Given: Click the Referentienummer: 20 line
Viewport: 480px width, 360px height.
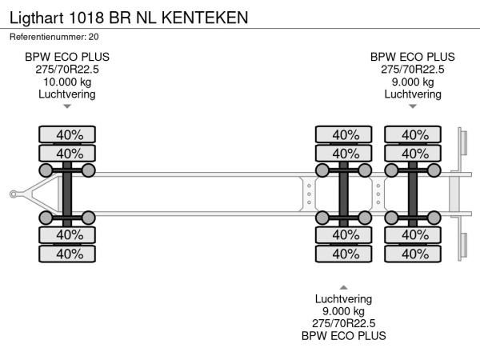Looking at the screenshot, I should click(x=54, y=36).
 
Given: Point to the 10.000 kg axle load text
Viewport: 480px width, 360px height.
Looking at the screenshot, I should click(x=67, y=82).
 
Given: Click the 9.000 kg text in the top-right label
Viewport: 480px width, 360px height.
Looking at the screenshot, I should click(x=413, y=82).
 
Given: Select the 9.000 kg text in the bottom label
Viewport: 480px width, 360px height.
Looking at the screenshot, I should click(x=344, y=311).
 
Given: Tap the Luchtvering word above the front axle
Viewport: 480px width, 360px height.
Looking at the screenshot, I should click(x=67, y=94).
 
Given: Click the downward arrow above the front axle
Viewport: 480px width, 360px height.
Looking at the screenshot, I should click(x=67, y=106).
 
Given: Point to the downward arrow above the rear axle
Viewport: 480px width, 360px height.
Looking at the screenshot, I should click(x=413, y=106).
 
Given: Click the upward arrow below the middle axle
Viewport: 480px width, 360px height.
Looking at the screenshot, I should click(x=344, y=286).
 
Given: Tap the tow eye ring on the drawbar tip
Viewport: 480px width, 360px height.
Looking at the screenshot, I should click(x=14, y=193).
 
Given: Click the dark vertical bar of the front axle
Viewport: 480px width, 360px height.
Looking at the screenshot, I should click(x=67, y=193).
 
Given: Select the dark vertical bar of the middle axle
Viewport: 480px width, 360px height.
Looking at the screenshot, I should click(x=345, y=193).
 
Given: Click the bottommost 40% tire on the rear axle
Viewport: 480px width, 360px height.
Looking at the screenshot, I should click(x=414, y=254).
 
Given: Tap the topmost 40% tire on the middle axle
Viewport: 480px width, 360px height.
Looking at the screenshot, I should click(x=345, y=134).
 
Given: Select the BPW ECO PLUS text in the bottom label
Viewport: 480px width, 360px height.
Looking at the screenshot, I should click(x=344, y=336).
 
